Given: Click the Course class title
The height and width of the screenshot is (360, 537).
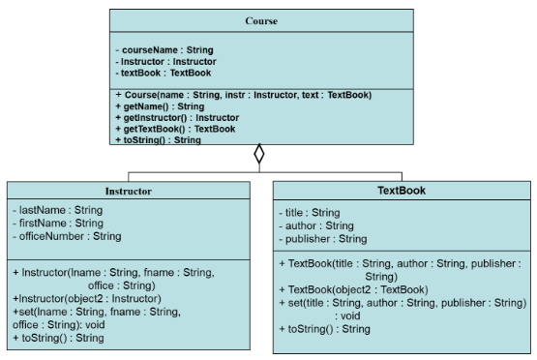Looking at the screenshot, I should point(257,20).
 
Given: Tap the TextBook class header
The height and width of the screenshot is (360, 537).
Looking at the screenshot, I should point(401,191).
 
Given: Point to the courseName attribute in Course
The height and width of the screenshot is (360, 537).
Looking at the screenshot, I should point(164,49).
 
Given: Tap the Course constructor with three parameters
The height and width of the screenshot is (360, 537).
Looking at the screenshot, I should point(256,94).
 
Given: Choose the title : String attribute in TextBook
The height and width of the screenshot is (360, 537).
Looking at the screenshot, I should point(309,212).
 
